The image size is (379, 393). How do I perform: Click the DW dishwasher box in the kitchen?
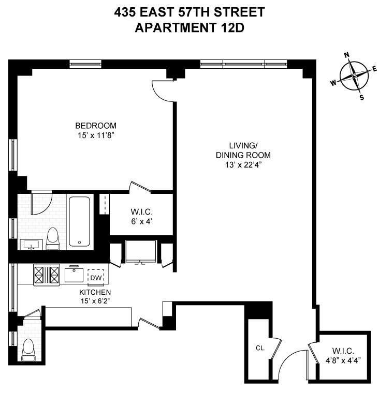pyautogui.click(x=96, y=277)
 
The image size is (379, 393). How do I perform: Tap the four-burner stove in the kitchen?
pyautogui.click(x=47, y=274)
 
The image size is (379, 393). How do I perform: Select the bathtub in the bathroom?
pyautogui.click(x=80, y=221)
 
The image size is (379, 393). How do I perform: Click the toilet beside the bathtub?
pyautogui.click(x=53, y=238)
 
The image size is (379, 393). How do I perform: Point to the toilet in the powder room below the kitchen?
pyautogui.click(x=28, y=350)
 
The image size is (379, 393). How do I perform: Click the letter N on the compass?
pyautogui.click(x=347, y=55)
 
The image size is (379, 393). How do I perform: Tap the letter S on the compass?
pyautogui.click(x=361, y=97)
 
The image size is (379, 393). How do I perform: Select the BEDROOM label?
pyautogui.click(x=96, y=126)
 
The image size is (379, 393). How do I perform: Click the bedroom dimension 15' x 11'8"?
pyautogui.click(x=96, y=135)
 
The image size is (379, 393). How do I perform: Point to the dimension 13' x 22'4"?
pyautogui.click(x=243, y=165)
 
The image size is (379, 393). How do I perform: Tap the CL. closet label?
pyautogui.click(x=260, y=348)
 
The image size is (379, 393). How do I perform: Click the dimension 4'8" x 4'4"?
pyautogui.click(x=343, y=357)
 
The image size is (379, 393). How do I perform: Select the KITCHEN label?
pyautogui.click(x=96, y=292)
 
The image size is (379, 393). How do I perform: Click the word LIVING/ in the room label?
pyautogui.click(x=243, y=145)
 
